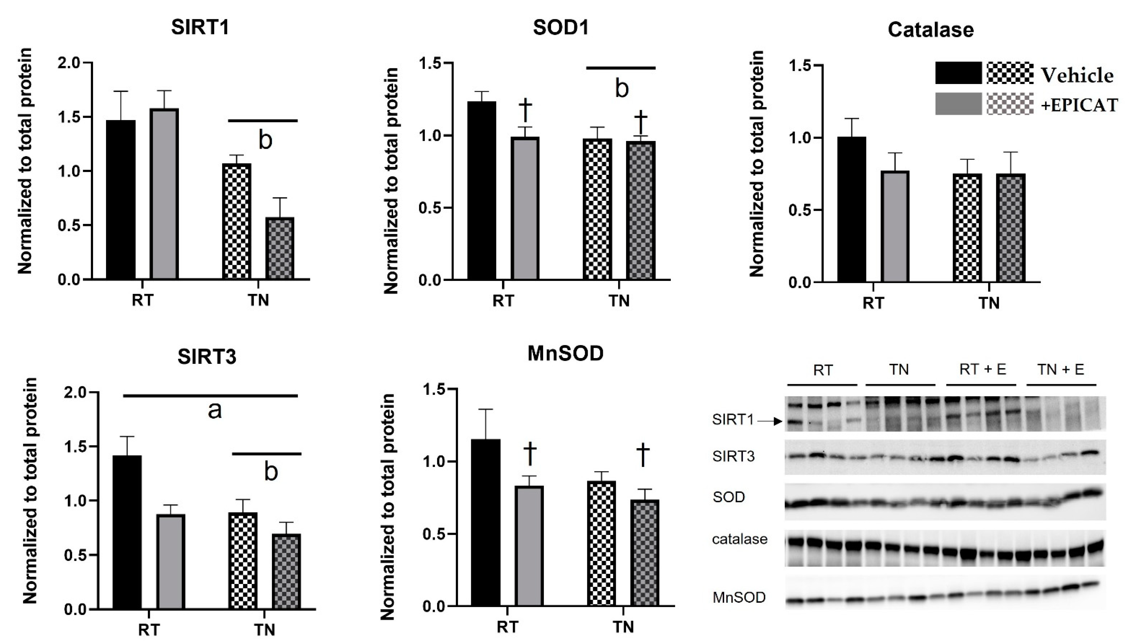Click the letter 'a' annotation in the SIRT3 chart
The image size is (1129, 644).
click(215, 410)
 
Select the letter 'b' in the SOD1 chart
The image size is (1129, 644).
click(622, 89)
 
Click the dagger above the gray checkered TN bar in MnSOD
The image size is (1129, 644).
click(643, 456)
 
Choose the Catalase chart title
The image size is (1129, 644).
click(930, 30)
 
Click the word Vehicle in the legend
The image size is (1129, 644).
click(1076, 75)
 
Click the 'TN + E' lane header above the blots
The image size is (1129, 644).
click(1061, 369)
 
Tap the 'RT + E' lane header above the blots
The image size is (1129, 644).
click(982, 369)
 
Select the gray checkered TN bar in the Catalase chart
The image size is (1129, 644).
click(1011, 228)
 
